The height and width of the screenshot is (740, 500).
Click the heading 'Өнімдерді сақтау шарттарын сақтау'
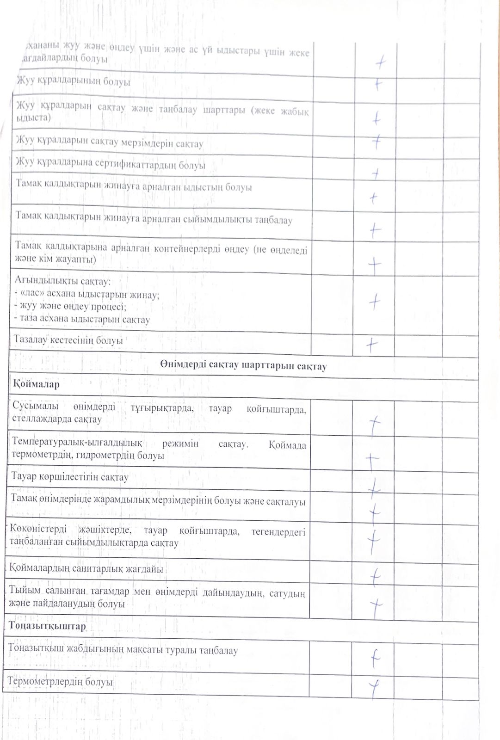[x=243, y=365]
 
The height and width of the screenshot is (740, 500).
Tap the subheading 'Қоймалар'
[x=36, y=384]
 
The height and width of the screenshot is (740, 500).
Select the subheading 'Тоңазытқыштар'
[x=47, y=626]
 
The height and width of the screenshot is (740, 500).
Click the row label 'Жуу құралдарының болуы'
[x=74, y=81]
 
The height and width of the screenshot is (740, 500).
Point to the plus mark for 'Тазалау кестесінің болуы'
[x=372, y=345]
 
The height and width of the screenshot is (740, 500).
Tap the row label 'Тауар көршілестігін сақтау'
[x=70, y=477]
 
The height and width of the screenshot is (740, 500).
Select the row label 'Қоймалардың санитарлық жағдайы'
[x=86, y=568]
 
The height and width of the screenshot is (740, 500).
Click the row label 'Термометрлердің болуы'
[x=60, y=682]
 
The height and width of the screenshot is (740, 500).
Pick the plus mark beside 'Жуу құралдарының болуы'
[x=378, y=84]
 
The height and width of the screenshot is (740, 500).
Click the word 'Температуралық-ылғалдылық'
[x=77, y=442]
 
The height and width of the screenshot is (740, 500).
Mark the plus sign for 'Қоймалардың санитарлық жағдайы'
[x=375, y=576]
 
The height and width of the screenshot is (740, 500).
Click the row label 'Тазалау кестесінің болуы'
[x=68, y=340]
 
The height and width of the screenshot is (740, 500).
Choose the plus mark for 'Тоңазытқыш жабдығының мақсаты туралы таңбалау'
[x=375, y=658]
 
